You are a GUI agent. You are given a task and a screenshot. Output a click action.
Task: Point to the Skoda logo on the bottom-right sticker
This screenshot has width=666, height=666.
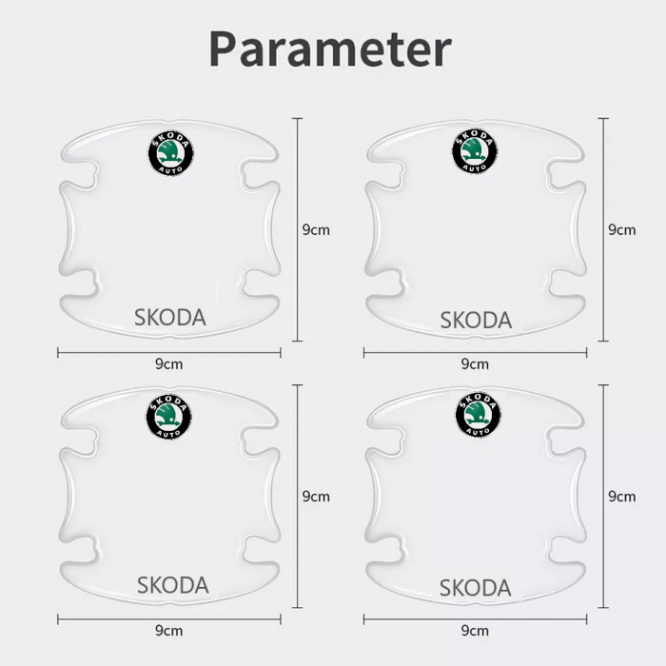[478, 415]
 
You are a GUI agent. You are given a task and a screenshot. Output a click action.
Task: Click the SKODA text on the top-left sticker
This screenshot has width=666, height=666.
[170, 318]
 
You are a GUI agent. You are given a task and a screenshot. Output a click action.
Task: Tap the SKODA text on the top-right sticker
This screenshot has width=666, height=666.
[476, 321]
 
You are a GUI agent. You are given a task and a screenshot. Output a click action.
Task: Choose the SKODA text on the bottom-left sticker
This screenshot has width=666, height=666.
[172, 584]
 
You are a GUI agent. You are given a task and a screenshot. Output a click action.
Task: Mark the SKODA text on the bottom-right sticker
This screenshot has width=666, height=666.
[476, 587]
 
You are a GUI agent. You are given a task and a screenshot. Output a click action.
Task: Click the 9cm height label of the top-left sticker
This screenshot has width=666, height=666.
[316, 230]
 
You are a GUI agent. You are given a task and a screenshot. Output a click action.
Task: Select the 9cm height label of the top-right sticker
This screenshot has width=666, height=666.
[621, 230]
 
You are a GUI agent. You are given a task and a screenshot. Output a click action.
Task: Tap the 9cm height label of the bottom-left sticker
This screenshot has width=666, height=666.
[316, 497]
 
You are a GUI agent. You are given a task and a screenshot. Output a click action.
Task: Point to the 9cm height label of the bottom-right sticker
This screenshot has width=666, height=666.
[621, 497]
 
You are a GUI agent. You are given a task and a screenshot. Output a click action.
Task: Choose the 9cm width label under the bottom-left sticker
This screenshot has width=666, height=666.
[168, 631]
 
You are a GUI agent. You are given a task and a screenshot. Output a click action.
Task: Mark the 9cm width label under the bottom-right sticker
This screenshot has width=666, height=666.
[474, 631]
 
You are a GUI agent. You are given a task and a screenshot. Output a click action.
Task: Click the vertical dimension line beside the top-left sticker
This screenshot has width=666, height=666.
[299, 285]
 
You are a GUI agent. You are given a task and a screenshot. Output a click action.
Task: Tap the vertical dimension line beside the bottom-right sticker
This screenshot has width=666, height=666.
[603, 552]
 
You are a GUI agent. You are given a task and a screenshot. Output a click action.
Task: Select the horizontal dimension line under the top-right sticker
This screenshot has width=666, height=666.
[419, 353]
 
